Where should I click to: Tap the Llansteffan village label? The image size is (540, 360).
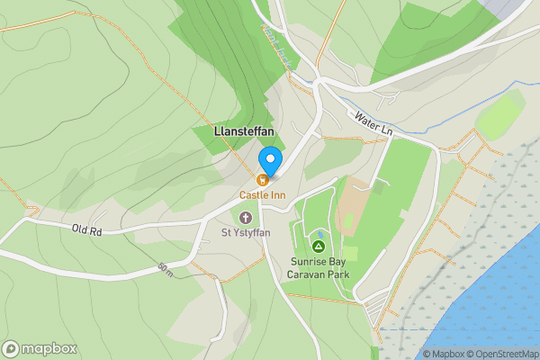pyautogui.click(x=245, y=131)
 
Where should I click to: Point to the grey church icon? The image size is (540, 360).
pyautogui.click(x=246, y=217)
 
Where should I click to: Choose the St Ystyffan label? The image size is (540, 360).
pyautogui.click(x=246, y=233)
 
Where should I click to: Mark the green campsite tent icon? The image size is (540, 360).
pyautogui.click(x=318, y=246)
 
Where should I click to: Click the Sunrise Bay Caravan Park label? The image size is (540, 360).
pyautogui.click(x=312, y=268)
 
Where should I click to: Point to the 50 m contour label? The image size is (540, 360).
pyautogui.click(x=164, y=269)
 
